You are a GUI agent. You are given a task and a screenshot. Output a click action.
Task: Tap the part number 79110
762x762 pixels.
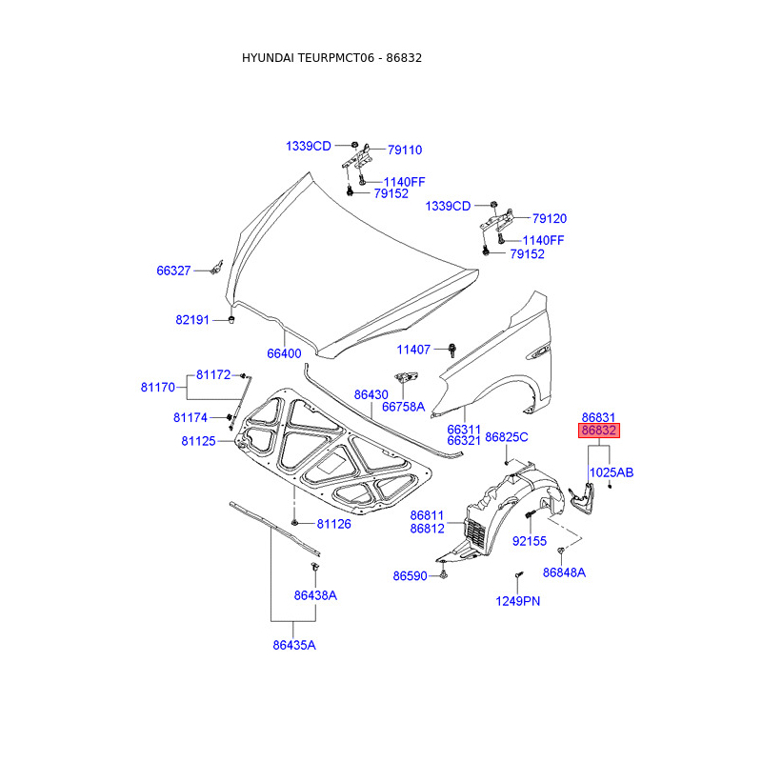pyautogui.click(x=404, y=150)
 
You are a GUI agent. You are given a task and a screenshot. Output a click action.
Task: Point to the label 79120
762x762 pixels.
pyautogui.click(x=549, y=218)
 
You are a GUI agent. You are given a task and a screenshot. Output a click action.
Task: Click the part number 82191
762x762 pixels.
pyautogui.click(x=191, y=320)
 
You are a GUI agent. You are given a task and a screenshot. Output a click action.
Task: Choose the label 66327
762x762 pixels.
pyautogui.click(x=174, y=271)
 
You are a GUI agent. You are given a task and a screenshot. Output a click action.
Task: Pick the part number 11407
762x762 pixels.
pyautogui.click(x=414, y=350)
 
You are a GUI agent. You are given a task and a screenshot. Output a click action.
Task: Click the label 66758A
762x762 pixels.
pyautogui.click(x=403, y=407)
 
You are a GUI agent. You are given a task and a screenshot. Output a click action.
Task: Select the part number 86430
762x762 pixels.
pyautogui.click(x=371, y=393)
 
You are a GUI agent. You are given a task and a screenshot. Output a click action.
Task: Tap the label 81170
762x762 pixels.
pyautogui.click(x=157, y=388)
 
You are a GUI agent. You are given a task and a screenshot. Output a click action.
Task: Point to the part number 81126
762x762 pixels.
pyautogui.click(x=334, y=524)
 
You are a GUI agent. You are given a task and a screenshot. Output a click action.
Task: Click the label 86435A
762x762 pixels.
pyautogui.click(x=293, y=645)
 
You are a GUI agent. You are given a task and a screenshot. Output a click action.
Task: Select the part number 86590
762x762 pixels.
pyautogui.click(x=411, y=575)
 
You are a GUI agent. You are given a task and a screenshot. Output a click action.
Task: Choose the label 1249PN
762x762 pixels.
pyautogui.click(x=518, y=601)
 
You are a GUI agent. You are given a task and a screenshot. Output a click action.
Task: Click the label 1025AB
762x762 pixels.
pyautogui.click(x=612, y=472)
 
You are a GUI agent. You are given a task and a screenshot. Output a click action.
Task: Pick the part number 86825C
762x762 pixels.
pyautogui.click(x=507, y=437)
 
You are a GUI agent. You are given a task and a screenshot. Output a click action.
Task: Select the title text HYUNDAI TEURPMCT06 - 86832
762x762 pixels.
pyautogui.click(x=331, y=57)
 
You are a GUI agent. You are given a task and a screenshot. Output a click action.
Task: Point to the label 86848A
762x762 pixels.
pyautogui.click(x=564, y=572)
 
